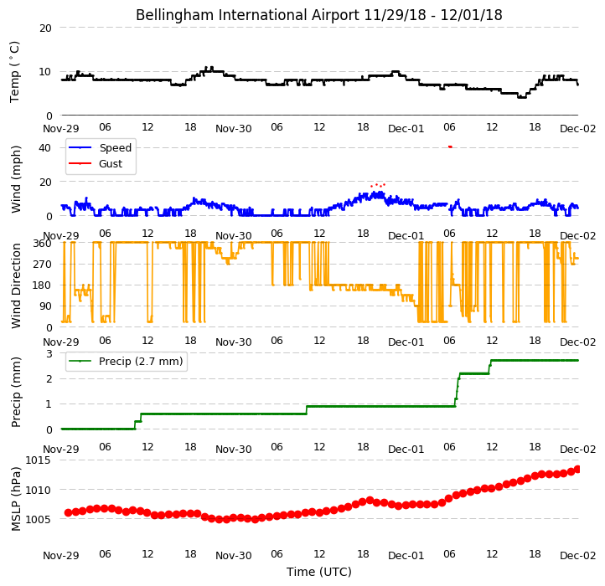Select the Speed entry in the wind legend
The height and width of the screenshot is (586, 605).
(x=116, y=147)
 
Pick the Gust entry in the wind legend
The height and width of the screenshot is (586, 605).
(x=111, y=163)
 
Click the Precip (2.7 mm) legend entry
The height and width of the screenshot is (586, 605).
(x=141, y=362)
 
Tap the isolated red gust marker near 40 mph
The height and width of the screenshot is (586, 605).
(x=450, y=146)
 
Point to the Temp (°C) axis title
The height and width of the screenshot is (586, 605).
(x=14, y=72)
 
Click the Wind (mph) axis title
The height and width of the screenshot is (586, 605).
(x=16, y=179)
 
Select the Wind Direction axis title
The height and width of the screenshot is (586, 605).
(x=16, y=285)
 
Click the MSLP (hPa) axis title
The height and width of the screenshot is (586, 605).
(x=16, y=499)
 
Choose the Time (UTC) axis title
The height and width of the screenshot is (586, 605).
(x=319, y=571)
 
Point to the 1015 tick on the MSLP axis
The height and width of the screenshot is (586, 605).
(x=38, y=460)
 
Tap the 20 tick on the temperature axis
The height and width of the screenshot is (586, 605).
(x=45, y=28)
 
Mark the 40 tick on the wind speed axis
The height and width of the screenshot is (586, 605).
(x=44, y=147)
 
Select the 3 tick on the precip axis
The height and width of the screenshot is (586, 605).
(x=49, y=353)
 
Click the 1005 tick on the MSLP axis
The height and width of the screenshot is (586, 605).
(x=38, y=519)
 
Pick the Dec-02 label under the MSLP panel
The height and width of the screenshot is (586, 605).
(x=577, y=555)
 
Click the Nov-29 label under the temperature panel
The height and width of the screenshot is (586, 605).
(x=60, y=128)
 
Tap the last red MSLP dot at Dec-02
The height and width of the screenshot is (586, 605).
(x=577, y=469)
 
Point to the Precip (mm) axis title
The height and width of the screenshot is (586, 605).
(x=16, y=392)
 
